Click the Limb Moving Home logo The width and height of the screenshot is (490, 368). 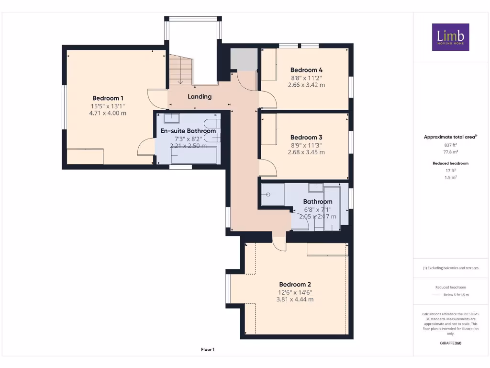[450, 37]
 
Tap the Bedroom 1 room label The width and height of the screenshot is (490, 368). [108, 98]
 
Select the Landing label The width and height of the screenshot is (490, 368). [200, 96]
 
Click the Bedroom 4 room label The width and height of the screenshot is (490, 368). [306, 69]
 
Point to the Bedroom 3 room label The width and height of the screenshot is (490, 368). [306, 137]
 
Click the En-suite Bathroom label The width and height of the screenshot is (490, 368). [188, 131]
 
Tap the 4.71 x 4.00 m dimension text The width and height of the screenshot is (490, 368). [108, 114]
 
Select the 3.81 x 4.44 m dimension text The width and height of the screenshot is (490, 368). [295, 299]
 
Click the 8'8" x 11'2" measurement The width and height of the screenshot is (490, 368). [306, 78]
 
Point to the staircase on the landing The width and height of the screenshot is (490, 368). [180, 69]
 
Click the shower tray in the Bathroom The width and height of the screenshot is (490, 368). [273, 195]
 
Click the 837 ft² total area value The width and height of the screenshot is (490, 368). [450, 144]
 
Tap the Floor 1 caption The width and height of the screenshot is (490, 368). [207, 350]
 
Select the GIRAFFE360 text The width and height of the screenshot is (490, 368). [450, 343]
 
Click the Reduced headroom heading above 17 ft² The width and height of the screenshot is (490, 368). [450, 163]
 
